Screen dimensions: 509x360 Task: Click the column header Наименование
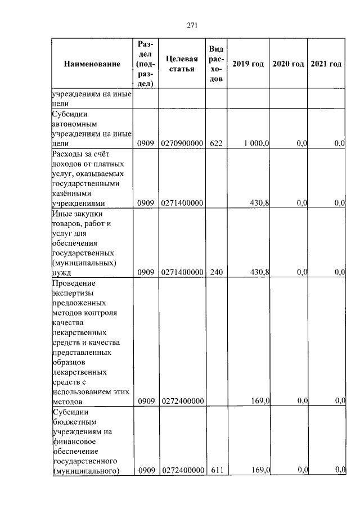pos(92,64)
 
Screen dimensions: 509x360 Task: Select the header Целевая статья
pos(181,64)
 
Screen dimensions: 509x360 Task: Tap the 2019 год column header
pos(248,64)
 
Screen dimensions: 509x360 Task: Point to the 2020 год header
pos(288,64)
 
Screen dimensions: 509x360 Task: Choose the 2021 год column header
pos(326,64)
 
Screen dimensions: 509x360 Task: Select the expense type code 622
pos(217,144)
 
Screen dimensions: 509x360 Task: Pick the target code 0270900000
pos(181,144)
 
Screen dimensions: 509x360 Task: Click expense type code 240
pos(217,273)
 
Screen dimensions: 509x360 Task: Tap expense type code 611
pos(217,470)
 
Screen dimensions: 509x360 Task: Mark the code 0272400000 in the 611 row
pos(181,470)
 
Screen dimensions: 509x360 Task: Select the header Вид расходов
pos(217,64)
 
